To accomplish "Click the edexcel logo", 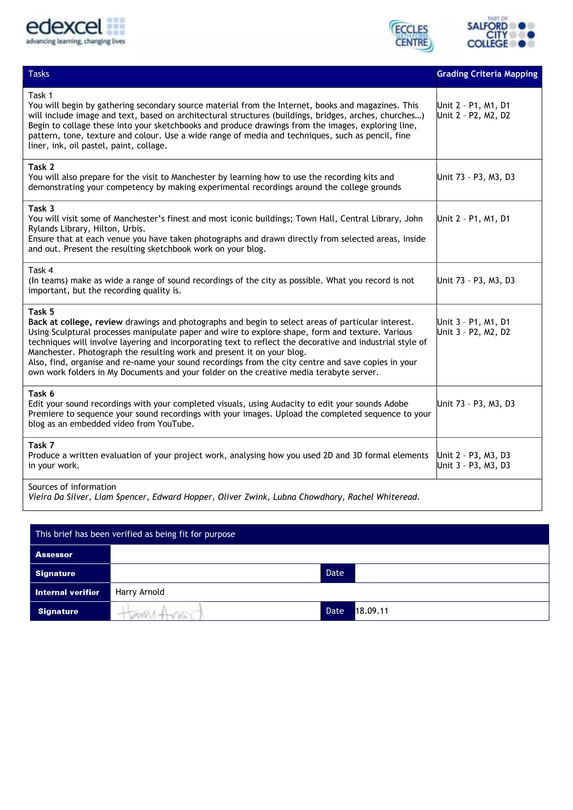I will [75, 31].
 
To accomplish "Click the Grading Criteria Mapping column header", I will [487, 74].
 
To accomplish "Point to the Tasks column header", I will [39, 74].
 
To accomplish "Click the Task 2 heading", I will [41, 167].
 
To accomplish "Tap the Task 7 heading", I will [41, 445].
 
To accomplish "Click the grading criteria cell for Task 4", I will [476, 280].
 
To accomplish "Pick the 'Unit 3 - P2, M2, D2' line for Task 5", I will [473, 332].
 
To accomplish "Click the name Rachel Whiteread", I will [383, 497].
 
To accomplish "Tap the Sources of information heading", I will [72, 487].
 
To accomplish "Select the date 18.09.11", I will [372, 611].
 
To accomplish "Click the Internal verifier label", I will [67, 592].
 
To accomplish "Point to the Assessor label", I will [54, 555].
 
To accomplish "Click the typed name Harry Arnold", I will [140, 592].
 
